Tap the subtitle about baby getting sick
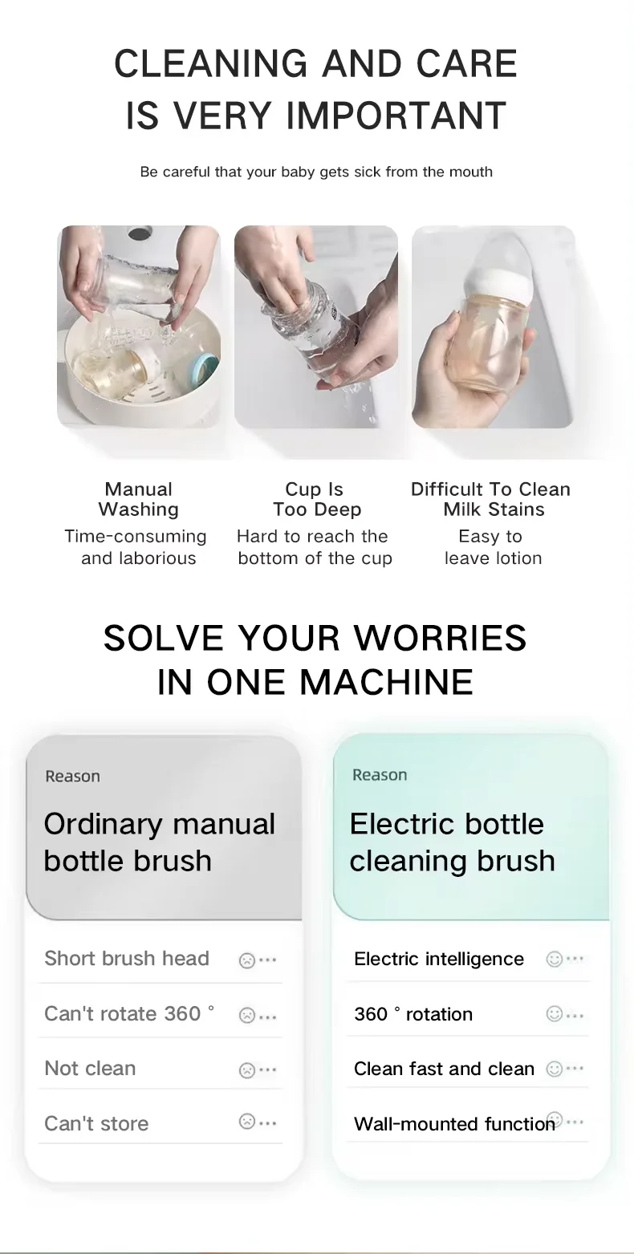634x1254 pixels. (316, 172)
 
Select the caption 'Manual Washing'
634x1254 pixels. (138, 499)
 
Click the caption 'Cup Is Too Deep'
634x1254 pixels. (316, 499)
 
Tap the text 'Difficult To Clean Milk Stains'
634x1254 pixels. (490, 499)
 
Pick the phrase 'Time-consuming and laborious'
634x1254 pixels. (136, 547)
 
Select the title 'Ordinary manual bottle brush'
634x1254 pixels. (160, 842)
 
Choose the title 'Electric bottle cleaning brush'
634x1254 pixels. (452, 842)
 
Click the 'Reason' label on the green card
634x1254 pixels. (380, 775)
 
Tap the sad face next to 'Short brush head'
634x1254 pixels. (246, 960)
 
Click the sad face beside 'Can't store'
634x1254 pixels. (246, 1122)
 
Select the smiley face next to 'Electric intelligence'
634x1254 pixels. (554, 959)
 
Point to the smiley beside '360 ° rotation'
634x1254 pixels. (554, 1014)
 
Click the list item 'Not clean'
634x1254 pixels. (90, 1068)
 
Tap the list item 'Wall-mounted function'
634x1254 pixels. (454, 1123)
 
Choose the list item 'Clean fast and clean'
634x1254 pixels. (444, 1069)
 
